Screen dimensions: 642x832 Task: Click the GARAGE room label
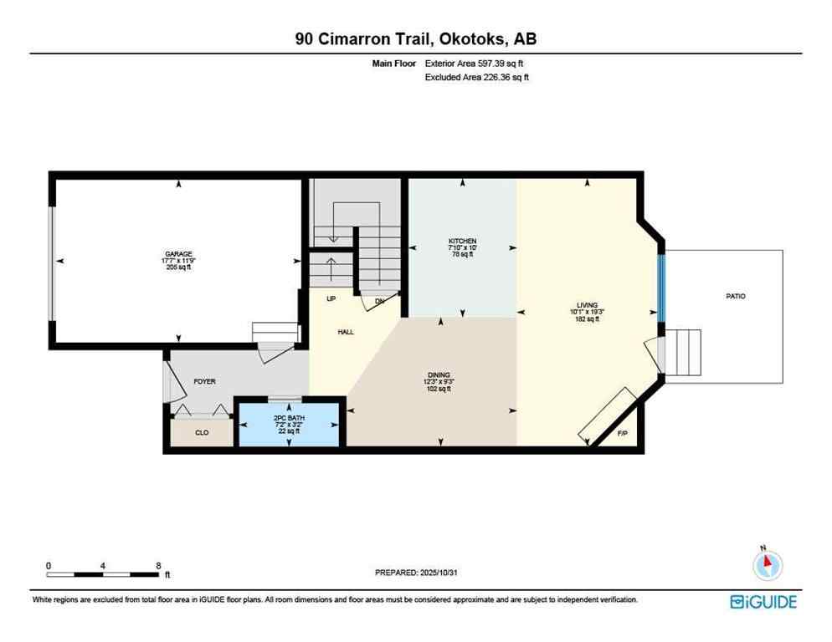(178, 253)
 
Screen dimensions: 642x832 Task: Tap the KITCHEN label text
(461, 242)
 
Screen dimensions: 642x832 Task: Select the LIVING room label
(586, 306)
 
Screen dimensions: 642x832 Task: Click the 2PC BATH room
(290, 421)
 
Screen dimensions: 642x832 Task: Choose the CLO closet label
(202, 433)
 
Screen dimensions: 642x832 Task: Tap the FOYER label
(204, 381)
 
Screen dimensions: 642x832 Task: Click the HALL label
(346, 332)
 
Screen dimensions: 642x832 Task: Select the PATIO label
(735, 296)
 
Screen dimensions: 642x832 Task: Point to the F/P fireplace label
(622, 434)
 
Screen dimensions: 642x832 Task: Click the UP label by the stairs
(319, 298)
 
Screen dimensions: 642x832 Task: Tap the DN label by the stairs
(378, 301)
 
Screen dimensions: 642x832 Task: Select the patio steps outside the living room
(681, 352)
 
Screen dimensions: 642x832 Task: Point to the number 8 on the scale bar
(158, 566)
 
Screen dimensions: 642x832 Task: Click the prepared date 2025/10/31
(439, 573)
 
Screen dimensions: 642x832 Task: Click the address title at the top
(415, 38)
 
